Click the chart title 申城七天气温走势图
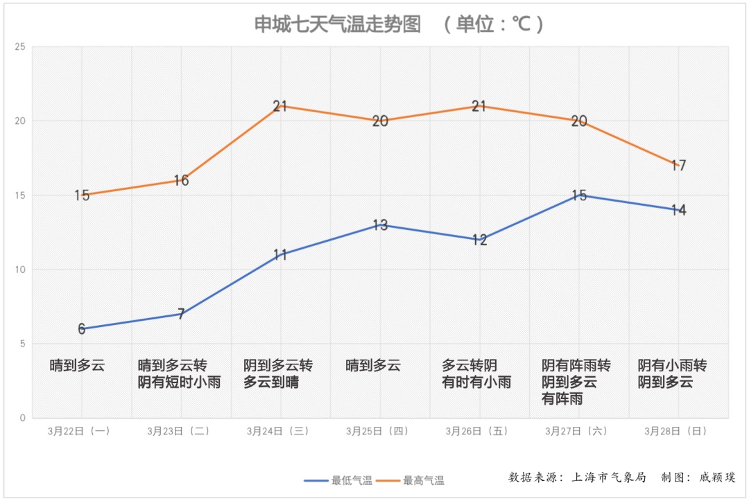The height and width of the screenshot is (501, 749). tap(338, 25)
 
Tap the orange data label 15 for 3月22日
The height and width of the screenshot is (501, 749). tap(82, 195)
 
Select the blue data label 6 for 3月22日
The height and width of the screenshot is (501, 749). tap(82, 329)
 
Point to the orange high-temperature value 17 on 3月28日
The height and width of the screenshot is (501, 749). tap(678, 166)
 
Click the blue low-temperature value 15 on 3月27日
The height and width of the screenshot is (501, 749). tap(579, 195)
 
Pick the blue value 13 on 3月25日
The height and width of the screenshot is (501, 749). tap(380, 225)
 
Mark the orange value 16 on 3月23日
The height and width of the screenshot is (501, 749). tap(181, 181)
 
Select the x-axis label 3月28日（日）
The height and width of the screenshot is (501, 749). tap(676, 431)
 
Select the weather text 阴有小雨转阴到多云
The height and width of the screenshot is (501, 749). tap(672, 373)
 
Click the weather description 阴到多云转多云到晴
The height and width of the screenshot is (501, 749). tap(277, 373)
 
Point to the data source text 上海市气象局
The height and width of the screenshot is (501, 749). tap(608, 477)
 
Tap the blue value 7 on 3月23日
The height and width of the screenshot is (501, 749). tap(181, 315)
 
